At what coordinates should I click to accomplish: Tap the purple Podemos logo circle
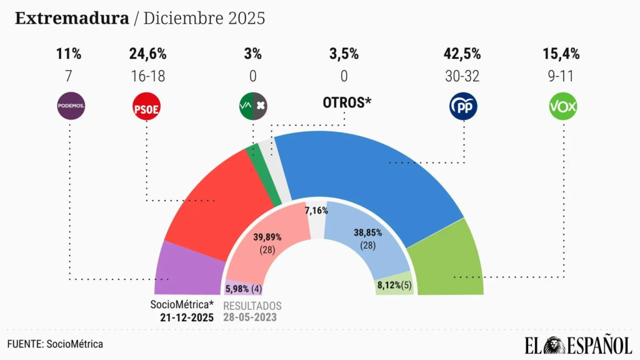pos(71,107)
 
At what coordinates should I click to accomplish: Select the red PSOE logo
pos(146,107)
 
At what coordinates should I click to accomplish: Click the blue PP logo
pos(463,107)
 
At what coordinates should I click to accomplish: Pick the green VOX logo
pos(562,107)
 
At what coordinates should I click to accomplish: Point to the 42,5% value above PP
pos(463,54)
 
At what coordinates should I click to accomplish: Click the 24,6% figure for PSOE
pos(146,54)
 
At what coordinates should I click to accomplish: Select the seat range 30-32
pos(463,76)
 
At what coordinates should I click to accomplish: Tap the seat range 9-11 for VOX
pos(562,76)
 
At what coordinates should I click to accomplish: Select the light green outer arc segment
pos(447,262)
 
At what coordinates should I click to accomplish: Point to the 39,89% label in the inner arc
pos(267,237)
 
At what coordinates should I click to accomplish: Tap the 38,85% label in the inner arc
pos(367,232)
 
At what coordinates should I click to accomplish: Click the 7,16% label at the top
pos(316,211)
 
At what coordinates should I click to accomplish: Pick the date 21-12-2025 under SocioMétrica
pos(186,317)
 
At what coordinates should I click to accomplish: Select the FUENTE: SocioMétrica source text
pos(55,344)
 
